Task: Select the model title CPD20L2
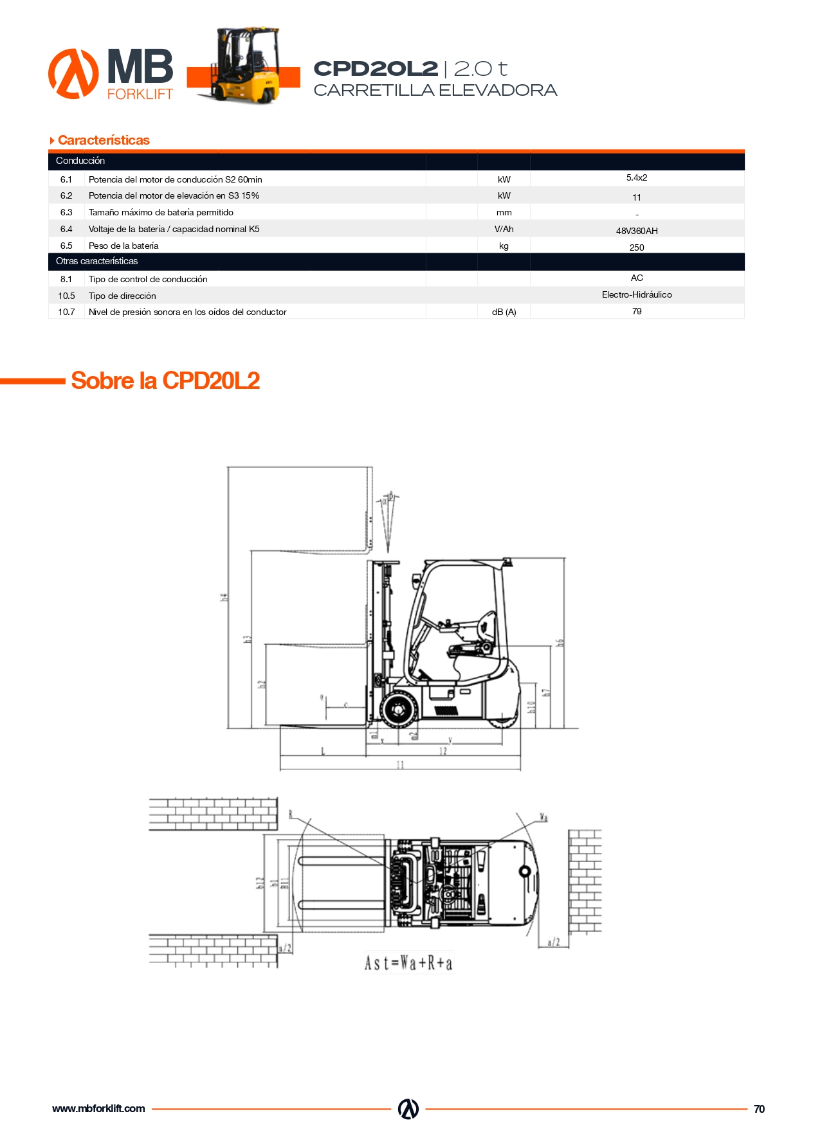tap(376, 68)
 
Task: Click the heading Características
tap(103, 140)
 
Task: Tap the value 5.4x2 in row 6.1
tap(636, 178)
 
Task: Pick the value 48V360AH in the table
tap(636, 231)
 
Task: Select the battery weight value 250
tap(636, 248)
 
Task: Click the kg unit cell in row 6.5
tap(504, 246)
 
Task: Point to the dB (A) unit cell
tap(504, 312)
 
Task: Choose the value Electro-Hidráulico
tap(636, 294)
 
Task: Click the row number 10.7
tap(66, 312)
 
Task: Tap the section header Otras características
tap(96, 261)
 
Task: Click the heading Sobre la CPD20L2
tap(165, 381)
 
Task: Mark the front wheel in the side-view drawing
tap(399, 710)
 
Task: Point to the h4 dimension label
tap(224, 597)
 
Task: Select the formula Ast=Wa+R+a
tap(408, 963)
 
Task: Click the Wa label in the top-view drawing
tap(543, 818)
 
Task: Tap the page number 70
tap(759, 1109)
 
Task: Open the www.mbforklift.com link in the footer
tap(98, 1108)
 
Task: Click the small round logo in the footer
tap(408, 1109)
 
